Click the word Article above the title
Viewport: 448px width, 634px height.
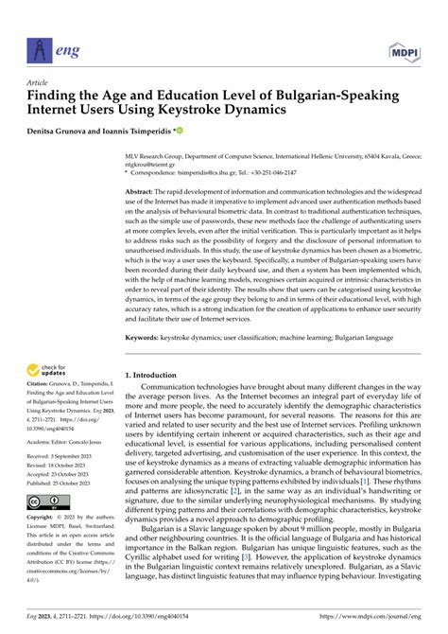point(38,81)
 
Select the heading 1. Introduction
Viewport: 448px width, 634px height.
point(156,374)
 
